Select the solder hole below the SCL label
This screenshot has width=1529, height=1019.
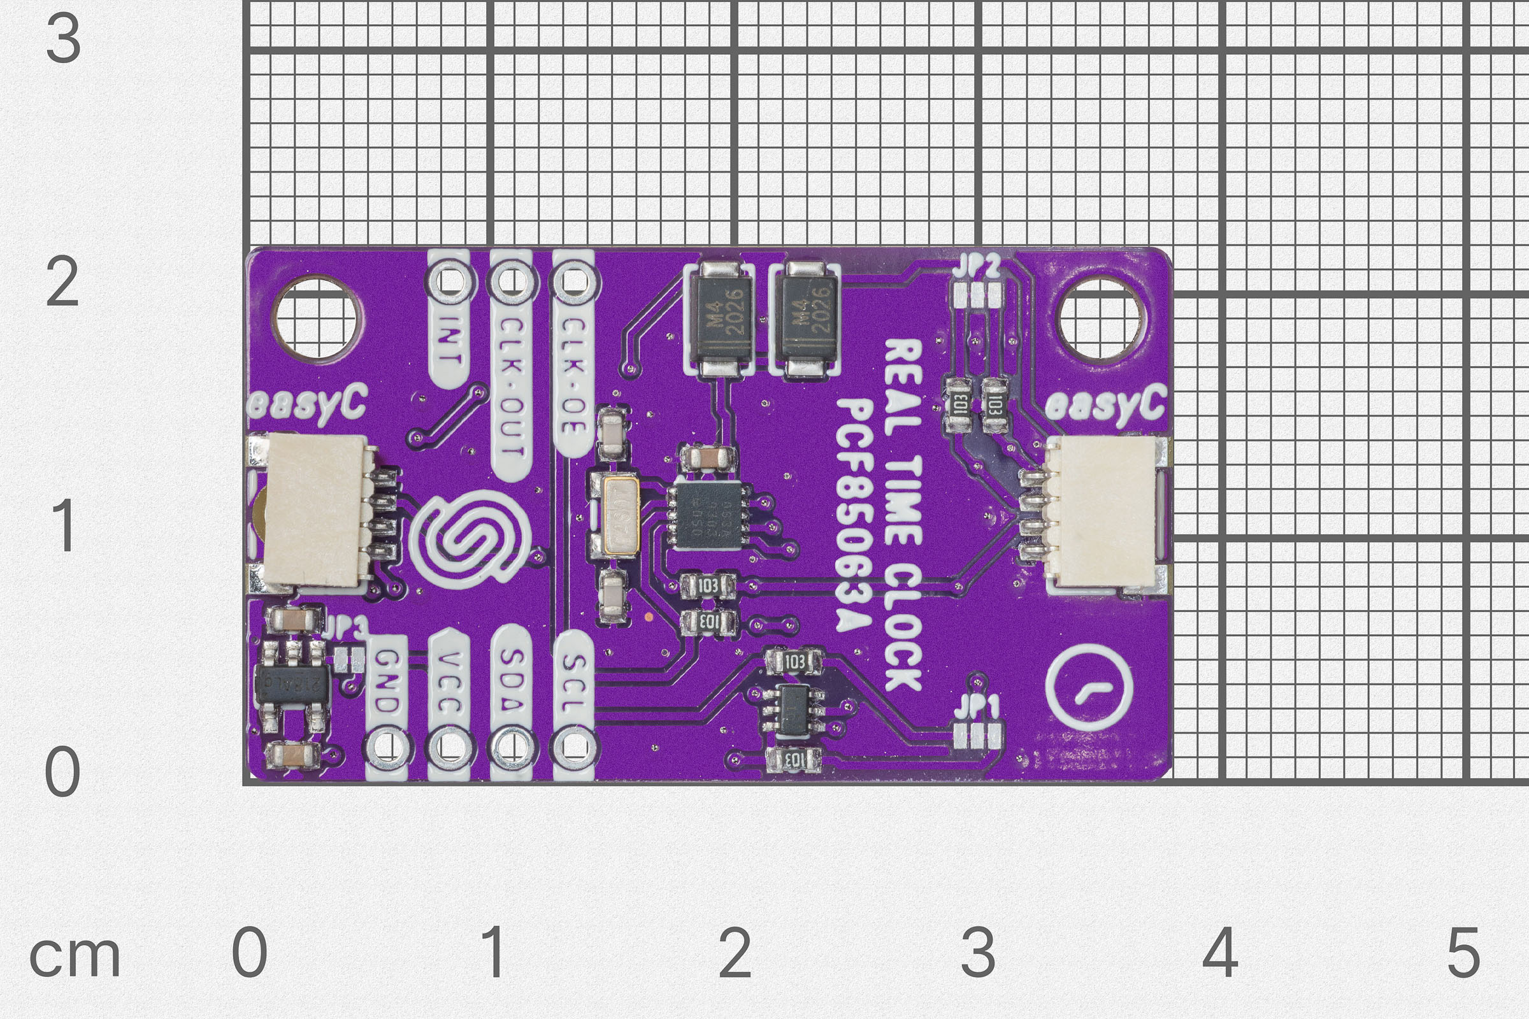click(573, 746)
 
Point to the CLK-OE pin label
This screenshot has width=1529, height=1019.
click(573, 377)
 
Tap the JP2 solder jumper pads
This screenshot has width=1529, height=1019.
click(978, 296)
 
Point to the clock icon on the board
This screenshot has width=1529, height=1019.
click(1089, 689)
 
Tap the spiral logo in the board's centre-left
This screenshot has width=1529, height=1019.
click(470, 539)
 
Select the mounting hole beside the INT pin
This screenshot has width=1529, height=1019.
click(316, 319)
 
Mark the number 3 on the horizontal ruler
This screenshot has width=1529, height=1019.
click(978, 953)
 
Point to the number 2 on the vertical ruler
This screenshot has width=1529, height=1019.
click(62, 283)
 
